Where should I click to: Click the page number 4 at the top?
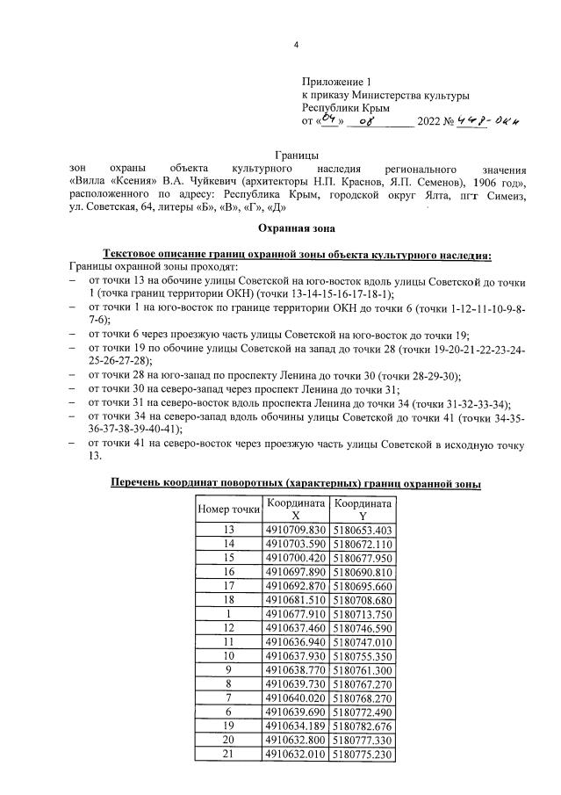coord(296,46)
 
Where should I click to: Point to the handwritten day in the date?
coord(329,119)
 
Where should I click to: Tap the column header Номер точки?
coord(229,509)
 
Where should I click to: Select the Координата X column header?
coord(296,510)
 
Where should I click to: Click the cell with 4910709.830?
coord(296,530)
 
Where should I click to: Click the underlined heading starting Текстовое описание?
coord(297,255)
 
